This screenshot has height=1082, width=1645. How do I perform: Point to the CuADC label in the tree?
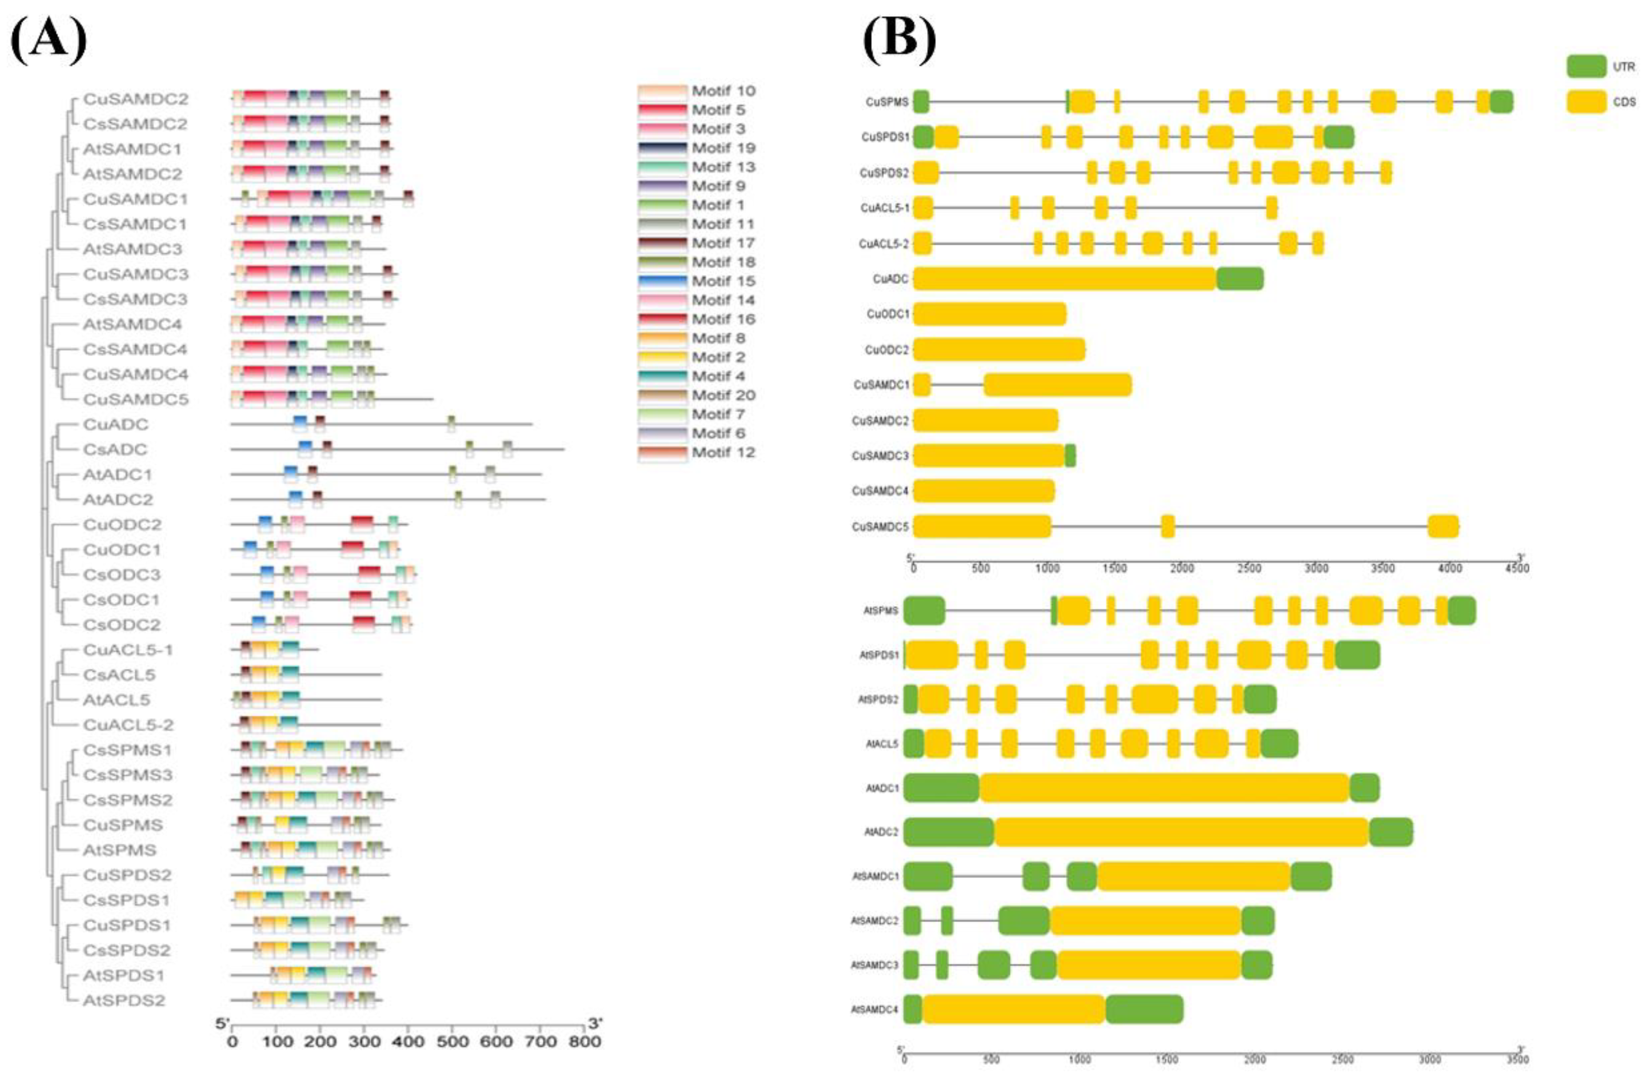pos(115,425)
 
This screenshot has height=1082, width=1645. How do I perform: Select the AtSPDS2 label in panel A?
pos(124,1000)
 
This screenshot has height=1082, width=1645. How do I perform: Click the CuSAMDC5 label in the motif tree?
pos(135,400)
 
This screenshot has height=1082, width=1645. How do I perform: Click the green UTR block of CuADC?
pos(1240,279)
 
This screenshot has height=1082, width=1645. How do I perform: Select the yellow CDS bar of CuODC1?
pos(989,314)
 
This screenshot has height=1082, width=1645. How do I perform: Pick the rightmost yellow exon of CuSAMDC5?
pos(1443,526)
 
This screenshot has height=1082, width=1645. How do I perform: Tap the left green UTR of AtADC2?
pos(948,832)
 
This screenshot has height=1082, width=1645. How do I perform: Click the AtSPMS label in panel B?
pos(881,611)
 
